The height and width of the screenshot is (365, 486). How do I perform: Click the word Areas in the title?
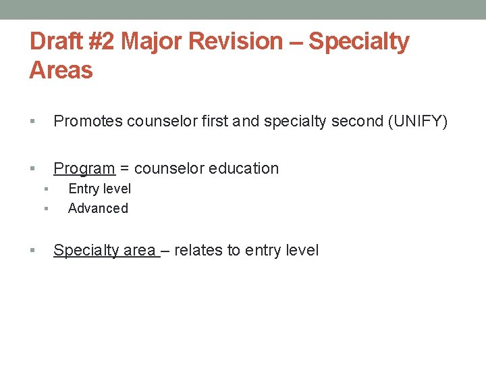click(x=61, y=70)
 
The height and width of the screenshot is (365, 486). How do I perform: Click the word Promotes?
click(x=88, y=122)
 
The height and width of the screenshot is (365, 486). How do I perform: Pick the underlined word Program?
click(x=84, y=169)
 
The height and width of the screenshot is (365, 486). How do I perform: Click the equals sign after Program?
click(x=125, y=169)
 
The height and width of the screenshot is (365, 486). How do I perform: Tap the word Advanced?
click(x=98, y=208)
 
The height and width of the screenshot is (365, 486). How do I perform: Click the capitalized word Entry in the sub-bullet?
click(x=82, y=189)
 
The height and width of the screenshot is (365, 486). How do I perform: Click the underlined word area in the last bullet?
click(x=140, y=251)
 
